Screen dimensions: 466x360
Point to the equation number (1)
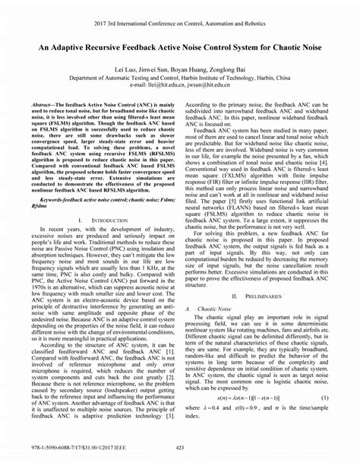click(324, 398)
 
